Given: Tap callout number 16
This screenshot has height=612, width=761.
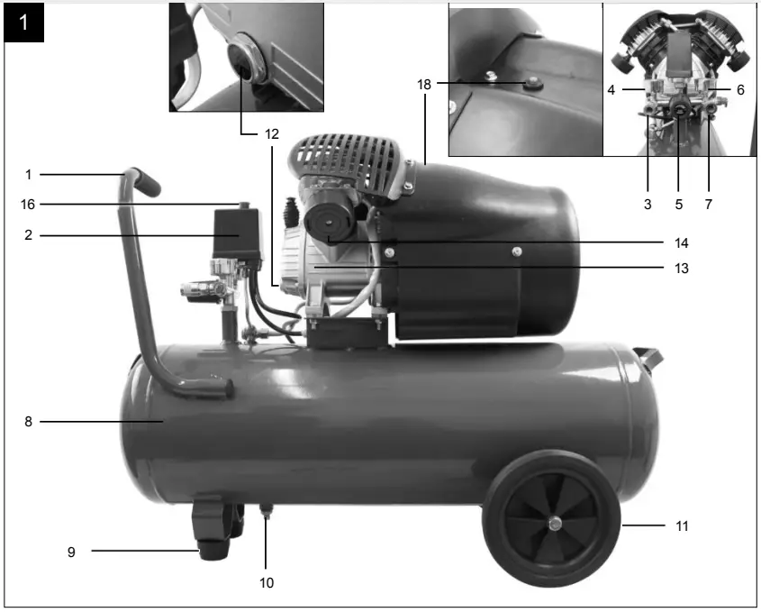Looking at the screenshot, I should click(x=28, y=205).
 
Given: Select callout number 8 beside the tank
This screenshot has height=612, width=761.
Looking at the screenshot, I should click(x=28, y=421).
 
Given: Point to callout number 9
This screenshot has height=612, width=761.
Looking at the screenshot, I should click(x=71, y=552).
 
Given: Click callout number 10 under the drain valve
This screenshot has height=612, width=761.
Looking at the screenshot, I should click(x=266, y=583).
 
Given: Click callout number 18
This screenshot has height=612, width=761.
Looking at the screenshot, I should click(x=424, y=84).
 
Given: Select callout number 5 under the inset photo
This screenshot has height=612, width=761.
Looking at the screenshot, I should click(x=679, y=205).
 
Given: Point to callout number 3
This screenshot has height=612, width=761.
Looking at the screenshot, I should click(x=648, y=205).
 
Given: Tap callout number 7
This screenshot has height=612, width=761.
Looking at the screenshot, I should click(x=709, y=205).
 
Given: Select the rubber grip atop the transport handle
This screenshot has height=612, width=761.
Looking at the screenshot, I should click(x=146, y=180).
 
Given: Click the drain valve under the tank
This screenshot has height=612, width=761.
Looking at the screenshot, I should click(x=267, y=515).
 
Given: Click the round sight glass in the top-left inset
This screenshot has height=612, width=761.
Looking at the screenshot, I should click(x=244, y=61).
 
